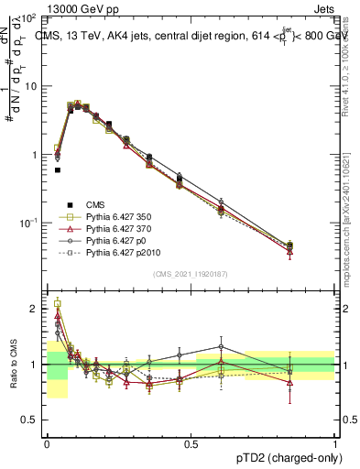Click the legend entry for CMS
coord(97,204)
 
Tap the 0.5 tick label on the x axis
coord(191,443)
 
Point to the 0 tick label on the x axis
coord(46,443)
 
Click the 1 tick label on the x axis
coord(334,443)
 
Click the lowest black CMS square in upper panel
coord(57,169)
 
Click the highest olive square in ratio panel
coord(57,303)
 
